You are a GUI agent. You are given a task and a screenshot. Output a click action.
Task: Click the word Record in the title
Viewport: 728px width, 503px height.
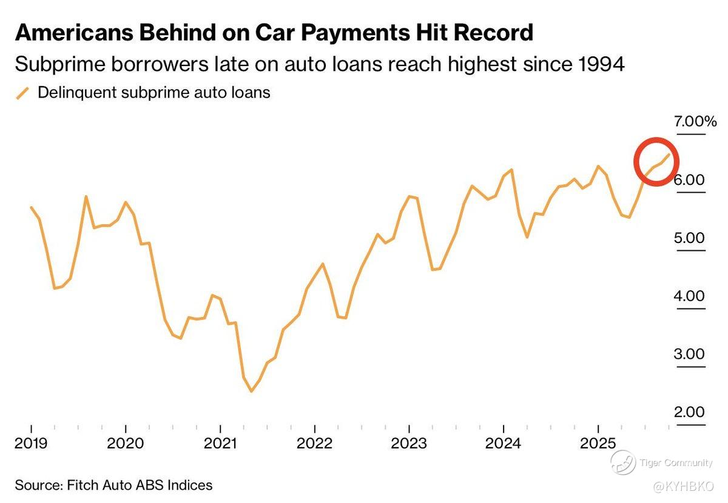[x=491, y=32]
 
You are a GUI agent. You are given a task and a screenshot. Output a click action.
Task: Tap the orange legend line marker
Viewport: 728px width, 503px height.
[x=22, y=93]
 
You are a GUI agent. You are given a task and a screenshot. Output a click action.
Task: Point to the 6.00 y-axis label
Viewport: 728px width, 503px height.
[x=690, y=179]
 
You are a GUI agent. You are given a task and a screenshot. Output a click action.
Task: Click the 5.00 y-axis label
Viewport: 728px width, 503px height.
[x=690, y=238]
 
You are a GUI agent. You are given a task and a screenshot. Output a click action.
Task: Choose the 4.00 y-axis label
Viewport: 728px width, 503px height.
[x=690, y=296]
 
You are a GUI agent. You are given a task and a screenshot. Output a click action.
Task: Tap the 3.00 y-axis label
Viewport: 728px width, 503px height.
[x=690, y=354]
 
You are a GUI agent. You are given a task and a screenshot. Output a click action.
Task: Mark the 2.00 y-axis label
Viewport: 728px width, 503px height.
[x=690, y=412]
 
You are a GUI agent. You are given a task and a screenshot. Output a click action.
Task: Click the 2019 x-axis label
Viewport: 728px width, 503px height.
[x=31, y=444]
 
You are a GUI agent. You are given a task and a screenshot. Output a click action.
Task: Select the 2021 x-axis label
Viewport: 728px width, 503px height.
[x=220, y=444]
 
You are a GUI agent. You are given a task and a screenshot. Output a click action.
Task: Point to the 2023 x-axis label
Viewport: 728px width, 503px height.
[x=409, y=444]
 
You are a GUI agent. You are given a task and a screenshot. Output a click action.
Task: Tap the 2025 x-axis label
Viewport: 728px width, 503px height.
[x=598, y=444]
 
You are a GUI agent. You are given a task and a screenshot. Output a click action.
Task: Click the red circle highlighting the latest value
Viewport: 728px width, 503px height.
[x=656, y=161]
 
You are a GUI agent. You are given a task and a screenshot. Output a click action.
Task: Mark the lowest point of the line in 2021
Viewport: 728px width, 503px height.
[x=251, y=391]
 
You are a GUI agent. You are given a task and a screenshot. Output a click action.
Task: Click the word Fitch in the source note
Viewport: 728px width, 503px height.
[x=82, y=485]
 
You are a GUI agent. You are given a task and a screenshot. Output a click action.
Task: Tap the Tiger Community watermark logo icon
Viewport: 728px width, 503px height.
[x=622, y=463]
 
